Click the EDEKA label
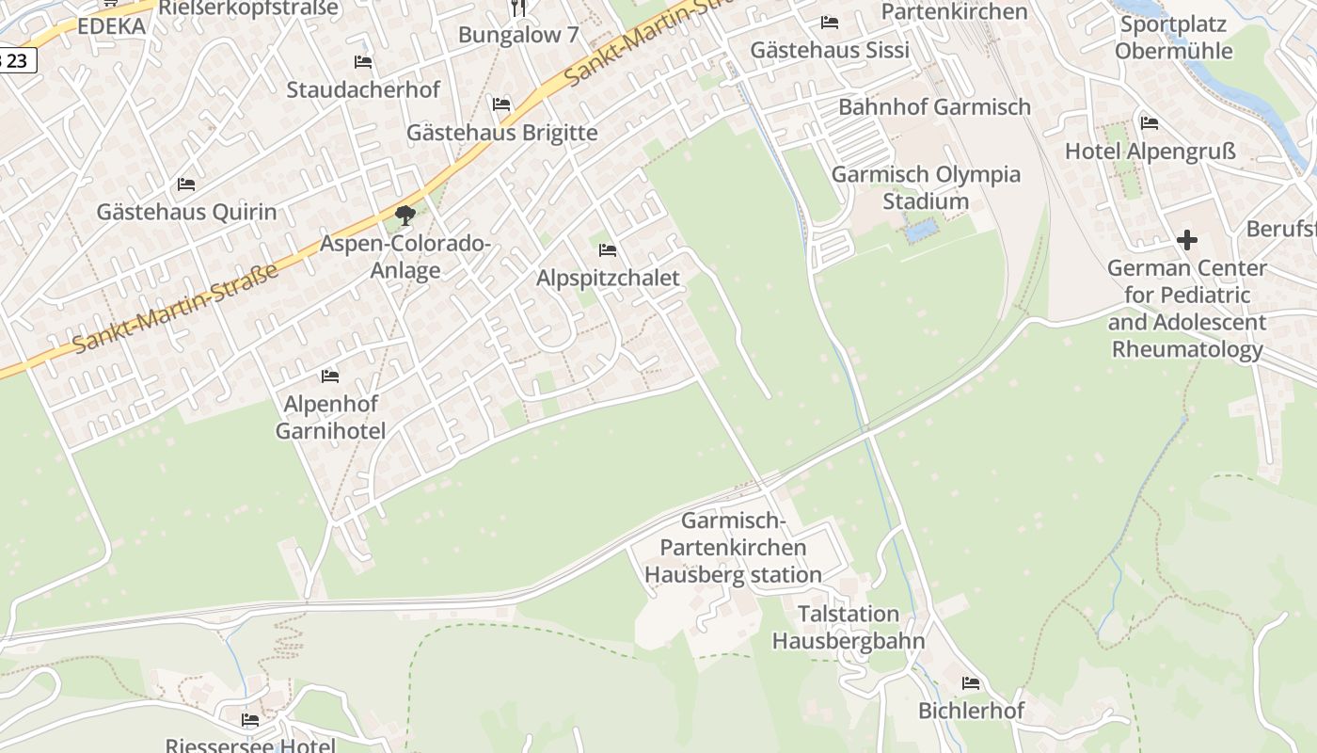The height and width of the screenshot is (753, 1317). tap(111, 26)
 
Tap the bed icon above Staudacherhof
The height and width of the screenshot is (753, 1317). tap(363, 62)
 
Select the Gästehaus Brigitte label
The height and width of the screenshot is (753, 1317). tap(501, 133)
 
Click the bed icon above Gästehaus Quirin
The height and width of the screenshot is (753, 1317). tap(186, 184)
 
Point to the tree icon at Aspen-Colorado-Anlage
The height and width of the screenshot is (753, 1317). tap(405, 216)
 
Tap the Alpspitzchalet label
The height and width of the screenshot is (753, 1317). tap(608, 279)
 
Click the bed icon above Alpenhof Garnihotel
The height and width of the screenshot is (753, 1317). tap(329, 376)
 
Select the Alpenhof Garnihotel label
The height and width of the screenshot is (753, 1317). tap(330, 418)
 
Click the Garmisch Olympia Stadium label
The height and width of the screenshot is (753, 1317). tap(926, 187)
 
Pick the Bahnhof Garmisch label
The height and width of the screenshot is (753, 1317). tap(934, 107)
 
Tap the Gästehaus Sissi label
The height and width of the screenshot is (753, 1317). tap(830, 50)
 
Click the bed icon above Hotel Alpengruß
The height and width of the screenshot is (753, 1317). tap(1149, 123)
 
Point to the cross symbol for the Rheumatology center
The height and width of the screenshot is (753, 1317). tap(1187, 240)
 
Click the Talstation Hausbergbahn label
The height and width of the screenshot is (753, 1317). tap(849, 628)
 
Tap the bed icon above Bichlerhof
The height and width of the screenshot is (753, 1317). tap(971, 683)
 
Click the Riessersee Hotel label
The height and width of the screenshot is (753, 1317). tap(250, 745)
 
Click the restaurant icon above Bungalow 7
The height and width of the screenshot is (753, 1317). tap(518, 8)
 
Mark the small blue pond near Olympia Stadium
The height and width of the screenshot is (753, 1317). tap(920, 230)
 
